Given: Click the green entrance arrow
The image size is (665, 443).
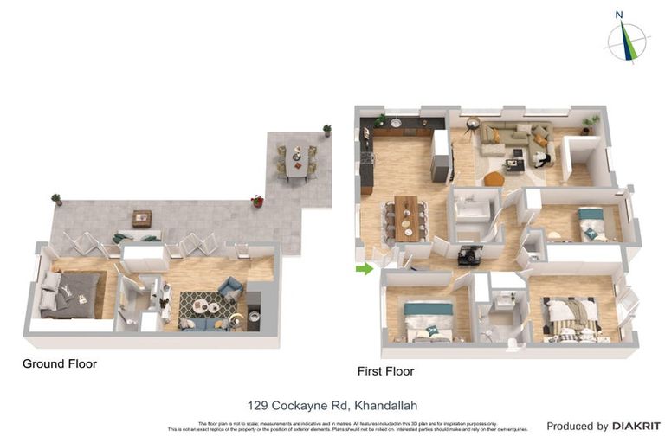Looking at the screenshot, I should click(x=365, y=269).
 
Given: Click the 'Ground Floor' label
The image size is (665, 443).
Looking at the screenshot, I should click(x=60, y=364).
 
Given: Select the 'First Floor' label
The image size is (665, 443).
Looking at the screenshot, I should click(x=385, y=371).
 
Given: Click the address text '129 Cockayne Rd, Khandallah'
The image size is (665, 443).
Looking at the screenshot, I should click(x=332, y=405).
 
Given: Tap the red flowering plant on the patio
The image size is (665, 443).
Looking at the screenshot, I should click(x=257, y=201).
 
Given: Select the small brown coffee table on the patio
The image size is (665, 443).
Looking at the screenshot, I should click(x=141, y=218).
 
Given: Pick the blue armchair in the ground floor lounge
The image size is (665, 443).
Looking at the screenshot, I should click(x=231, y=288).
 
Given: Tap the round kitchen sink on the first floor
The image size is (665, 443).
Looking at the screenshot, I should click(x=396, y=124).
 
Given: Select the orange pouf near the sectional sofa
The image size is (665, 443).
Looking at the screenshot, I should click(x=493, y=179).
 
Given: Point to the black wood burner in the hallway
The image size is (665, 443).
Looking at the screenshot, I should click(x=471, y=254).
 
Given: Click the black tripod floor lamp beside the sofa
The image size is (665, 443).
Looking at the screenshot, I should click(x=471, y=125).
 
